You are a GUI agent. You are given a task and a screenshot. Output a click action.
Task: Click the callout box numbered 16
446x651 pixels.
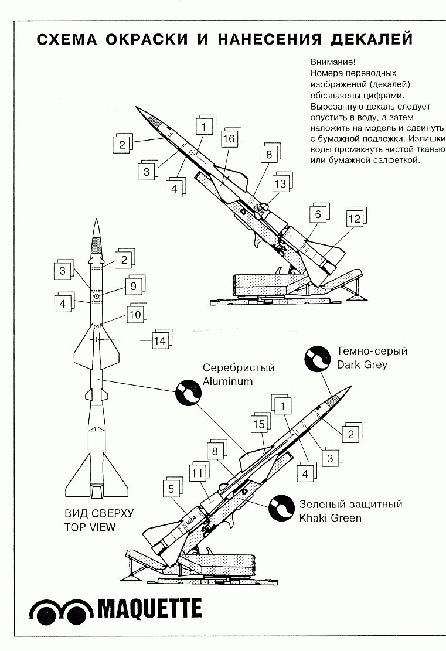(229, 139)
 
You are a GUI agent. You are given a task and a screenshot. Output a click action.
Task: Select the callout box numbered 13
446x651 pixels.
(280, 184)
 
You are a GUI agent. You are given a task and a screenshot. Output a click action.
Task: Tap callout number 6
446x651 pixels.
(318, 214)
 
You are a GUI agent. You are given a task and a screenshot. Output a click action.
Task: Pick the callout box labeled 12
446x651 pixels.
(355, 219)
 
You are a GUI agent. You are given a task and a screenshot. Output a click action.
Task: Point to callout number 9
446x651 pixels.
(133, 286)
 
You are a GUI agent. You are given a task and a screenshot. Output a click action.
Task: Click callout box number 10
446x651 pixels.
(135, 315)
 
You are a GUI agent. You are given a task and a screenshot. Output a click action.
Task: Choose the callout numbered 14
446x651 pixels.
(159, 340)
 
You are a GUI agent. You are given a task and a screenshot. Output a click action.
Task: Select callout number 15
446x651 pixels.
(259, 424)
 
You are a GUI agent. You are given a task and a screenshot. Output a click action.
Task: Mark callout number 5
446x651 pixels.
(171, 489)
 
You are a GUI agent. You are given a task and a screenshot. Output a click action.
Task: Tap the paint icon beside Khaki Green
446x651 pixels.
(280, 508)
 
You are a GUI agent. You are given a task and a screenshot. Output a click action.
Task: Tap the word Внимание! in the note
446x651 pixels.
(331, 62)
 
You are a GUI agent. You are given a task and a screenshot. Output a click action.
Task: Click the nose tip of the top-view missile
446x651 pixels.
(97, 218)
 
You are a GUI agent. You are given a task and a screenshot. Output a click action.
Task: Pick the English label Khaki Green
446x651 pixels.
(330, 518)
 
